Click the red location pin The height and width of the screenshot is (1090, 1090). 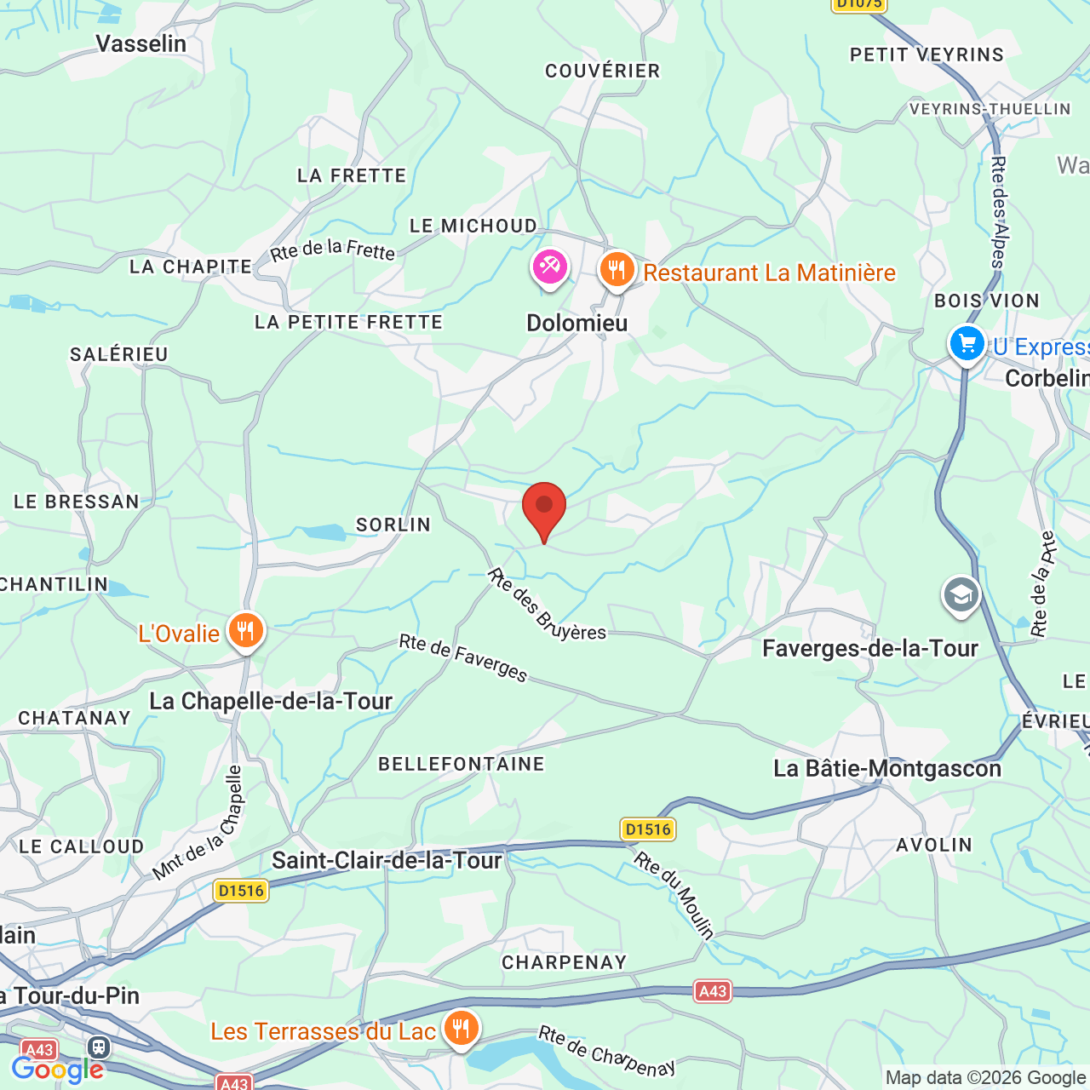pos(543,508)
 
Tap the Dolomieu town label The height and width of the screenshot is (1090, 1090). pos(577,324)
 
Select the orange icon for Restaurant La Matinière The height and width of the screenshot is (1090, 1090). pos(617,270)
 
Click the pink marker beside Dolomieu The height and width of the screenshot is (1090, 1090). pos(550,268)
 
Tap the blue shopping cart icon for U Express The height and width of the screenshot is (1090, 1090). pos(967,344)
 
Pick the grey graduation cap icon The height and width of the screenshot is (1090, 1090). pos(961,595)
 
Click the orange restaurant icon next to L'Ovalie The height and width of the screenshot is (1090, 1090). pos(245,632)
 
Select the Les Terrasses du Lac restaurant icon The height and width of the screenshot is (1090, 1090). pos(460,1029)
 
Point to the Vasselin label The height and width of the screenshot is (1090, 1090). pos(141,43)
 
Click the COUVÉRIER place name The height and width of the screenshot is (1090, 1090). pos(602,72)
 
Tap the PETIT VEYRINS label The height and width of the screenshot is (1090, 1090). pos(926,55)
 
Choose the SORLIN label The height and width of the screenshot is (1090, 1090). pos(393,525)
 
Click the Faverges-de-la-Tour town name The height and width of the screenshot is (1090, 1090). pos(869,649)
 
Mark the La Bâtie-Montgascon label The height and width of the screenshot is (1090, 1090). pos(886,769)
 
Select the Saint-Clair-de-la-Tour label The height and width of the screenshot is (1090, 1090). pos(387,861)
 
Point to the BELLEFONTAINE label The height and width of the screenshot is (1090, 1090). pos(461,765)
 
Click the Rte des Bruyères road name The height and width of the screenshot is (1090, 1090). pos(546,605)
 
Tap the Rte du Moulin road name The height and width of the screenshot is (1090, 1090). pos(674,894)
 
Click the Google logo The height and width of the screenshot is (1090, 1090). pos(57,1070)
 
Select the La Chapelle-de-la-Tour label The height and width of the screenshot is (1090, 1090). pos(271,702)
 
